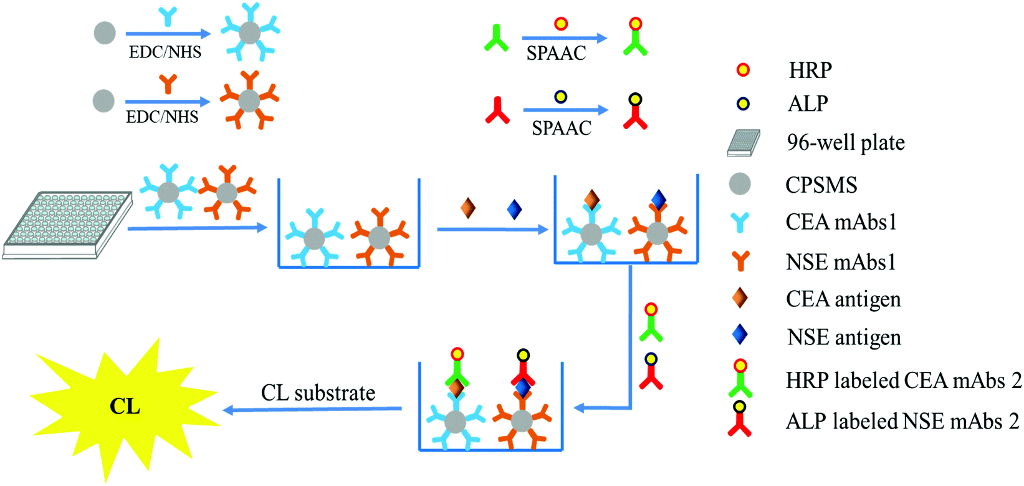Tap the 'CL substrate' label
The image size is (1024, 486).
[318, 393]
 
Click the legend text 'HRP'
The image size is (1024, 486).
[810, 70]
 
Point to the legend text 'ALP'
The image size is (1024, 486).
[808, 104]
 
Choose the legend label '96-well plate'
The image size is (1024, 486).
[845, 143]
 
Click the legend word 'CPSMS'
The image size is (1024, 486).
[821, 185]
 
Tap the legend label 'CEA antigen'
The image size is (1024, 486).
[843, 299]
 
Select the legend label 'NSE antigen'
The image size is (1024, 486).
[844, 338]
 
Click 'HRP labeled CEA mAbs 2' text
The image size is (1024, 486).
[903, 381]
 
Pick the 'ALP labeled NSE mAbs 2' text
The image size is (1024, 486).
[902, 422]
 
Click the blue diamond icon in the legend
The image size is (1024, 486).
[740, 335]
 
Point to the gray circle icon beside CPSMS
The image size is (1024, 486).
[740, 184]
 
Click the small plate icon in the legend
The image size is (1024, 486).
[744, 143]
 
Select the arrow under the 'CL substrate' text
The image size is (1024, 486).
[312, 410]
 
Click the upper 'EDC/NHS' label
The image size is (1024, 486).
[165, 52]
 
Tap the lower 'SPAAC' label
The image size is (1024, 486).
[561, 128]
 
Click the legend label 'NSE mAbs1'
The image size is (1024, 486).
[840, 262]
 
